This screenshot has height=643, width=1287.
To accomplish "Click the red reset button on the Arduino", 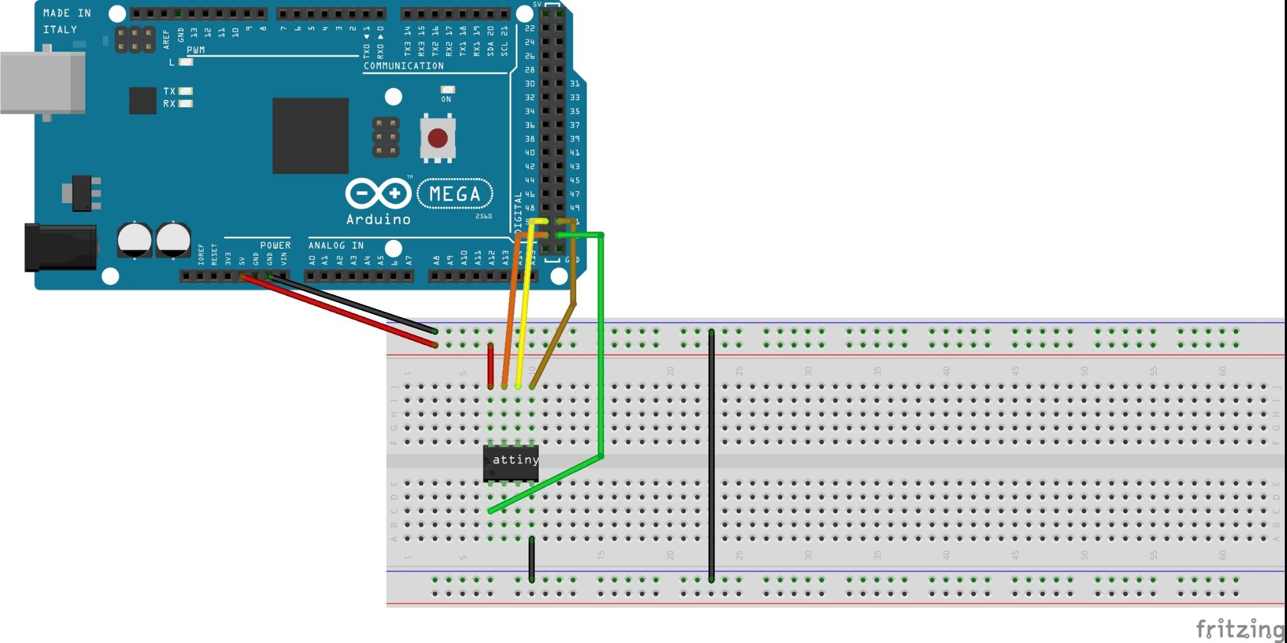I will [438, 138].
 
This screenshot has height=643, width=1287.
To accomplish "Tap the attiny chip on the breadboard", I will [511, 463].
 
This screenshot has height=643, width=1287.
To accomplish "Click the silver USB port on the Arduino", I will [42, 83].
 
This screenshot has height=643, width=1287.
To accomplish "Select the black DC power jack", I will [60, 247].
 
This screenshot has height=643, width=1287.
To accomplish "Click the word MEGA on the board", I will [455, 194].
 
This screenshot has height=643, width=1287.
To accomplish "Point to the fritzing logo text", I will [1239, 629].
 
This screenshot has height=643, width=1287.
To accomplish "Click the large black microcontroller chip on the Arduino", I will [310, 136].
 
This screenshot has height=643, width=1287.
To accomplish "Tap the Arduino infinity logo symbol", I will [378, 193].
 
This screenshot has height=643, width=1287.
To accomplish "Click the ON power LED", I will [447, 90].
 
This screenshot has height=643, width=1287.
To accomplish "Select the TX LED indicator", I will [186, 91].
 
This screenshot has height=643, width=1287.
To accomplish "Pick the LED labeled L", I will [186, 62].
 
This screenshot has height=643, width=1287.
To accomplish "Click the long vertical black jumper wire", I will [711, 455].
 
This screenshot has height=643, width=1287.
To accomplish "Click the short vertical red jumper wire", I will [491, 366].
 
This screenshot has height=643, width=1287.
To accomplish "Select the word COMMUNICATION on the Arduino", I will [404, 66].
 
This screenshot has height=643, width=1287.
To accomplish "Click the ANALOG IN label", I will [336, 245].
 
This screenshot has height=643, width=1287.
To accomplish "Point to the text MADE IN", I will [67, 13].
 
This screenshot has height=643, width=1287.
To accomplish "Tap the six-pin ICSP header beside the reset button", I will [386, 138].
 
